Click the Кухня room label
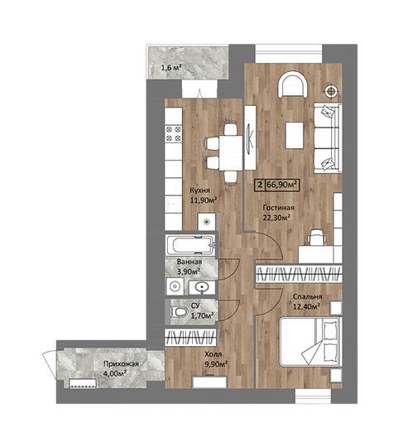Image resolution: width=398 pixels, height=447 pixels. tap(199, 190)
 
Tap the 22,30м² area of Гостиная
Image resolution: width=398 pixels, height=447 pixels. tap(276, 218)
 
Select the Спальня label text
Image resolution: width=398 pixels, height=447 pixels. tap(308, 297)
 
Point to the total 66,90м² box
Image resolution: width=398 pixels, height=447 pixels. tap(276, 185)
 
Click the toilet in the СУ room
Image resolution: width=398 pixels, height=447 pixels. tap(179, 311)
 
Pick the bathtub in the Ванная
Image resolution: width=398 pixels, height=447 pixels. tap(190, 245)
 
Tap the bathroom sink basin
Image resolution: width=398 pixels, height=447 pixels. tap(202, 287)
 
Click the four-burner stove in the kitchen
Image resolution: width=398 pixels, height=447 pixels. tap(174, 134)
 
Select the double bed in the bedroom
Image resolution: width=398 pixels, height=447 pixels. tap(310, 342)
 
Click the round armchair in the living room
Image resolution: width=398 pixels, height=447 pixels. tap(293, 84)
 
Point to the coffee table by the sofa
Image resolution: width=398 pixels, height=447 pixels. tap(295, 135)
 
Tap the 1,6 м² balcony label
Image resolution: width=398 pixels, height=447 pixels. tap(171, 68)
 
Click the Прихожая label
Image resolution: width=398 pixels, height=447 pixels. tap(121, 363)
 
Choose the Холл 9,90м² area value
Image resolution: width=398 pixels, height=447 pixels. tap(216, 364)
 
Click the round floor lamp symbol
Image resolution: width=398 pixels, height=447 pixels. tap(331, 91)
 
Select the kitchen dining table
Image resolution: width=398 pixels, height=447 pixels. tap(231, 153)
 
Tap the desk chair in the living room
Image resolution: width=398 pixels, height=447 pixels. tap(316, 238)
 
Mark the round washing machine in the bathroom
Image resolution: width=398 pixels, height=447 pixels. tap(175, 286)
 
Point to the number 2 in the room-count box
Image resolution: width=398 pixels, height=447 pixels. tap(260, 185)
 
